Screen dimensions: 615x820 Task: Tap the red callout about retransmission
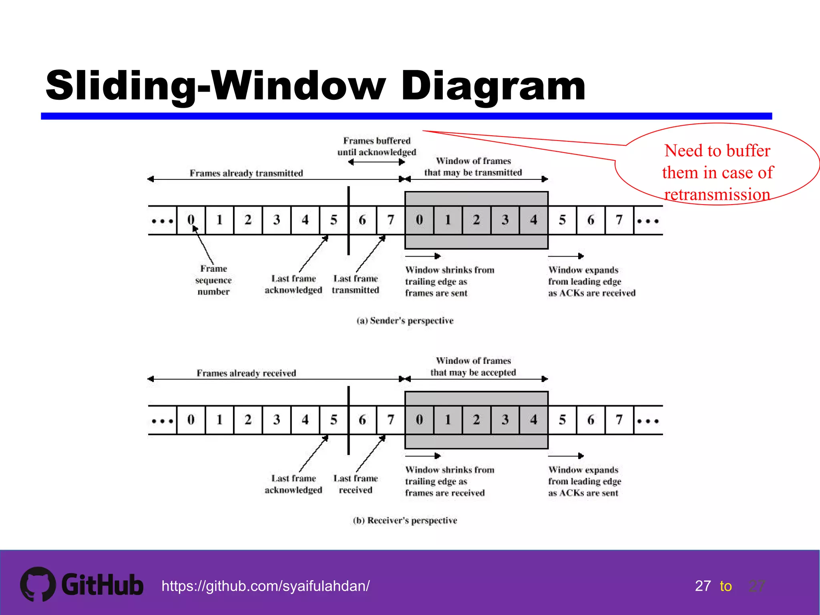pos(717,172)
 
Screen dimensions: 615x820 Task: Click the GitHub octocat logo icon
pos(38,584)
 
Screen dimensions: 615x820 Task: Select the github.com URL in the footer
pos(265,586)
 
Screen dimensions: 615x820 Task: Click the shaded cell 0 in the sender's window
pos(419,220)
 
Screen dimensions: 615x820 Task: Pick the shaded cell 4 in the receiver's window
pos(533,420)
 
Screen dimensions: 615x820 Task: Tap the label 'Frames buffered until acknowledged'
pos(376,147)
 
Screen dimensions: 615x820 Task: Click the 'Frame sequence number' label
pos(213,280)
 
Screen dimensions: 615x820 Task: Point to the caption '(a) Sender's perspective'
pos(405,321)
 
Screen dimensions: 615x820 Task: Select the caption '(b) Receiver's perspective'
pos(405,521)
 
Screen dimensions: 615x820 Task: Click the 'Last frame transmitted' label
pos(355,284)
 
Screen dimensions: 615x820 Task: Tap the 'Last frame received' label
pos(355,484)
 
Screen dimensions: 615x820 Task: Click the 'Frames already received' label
pos(246,373)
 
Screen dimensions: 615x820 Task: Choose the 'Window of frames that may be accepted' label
pos(473,367)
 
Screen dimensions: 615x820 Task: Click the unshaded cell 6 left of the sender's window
pos(362,220)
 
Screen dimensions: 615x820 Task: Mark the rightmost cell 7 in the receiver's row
pos(619,420)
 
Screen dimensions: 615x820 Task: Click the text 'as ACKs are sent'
pos(583,493)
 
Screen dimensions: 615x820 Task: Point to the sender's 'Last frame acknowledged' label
pos(293,284)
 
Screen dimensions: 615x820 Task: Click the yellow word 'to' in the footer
pos(726,586)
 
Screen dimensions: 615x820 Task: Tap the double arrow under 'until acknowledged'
pos(376,162)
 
